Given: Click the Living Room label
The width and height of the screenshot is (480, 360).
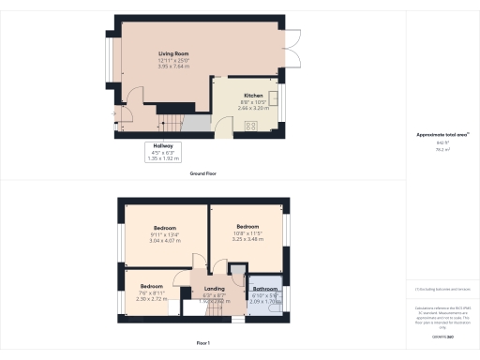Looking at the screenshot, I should (172, 54).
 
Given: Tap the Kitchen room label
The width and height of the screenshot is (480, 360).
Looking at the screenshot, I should (253, 96).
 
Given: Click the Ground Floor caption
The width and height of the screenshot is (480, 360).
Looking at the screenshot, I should (203, 174).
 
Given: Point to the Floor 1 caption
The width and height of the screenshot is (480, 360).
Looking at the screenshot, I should (203, 345).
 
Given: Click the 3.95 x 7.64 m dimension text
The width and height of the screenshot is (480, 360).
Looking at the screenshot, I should (172, 67).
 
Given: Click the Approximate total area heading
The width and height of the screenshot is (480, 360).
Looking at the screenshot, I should (442, 135).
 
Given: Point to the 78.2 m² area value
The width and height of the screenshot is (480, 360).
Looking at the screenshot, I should (442, 150).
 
